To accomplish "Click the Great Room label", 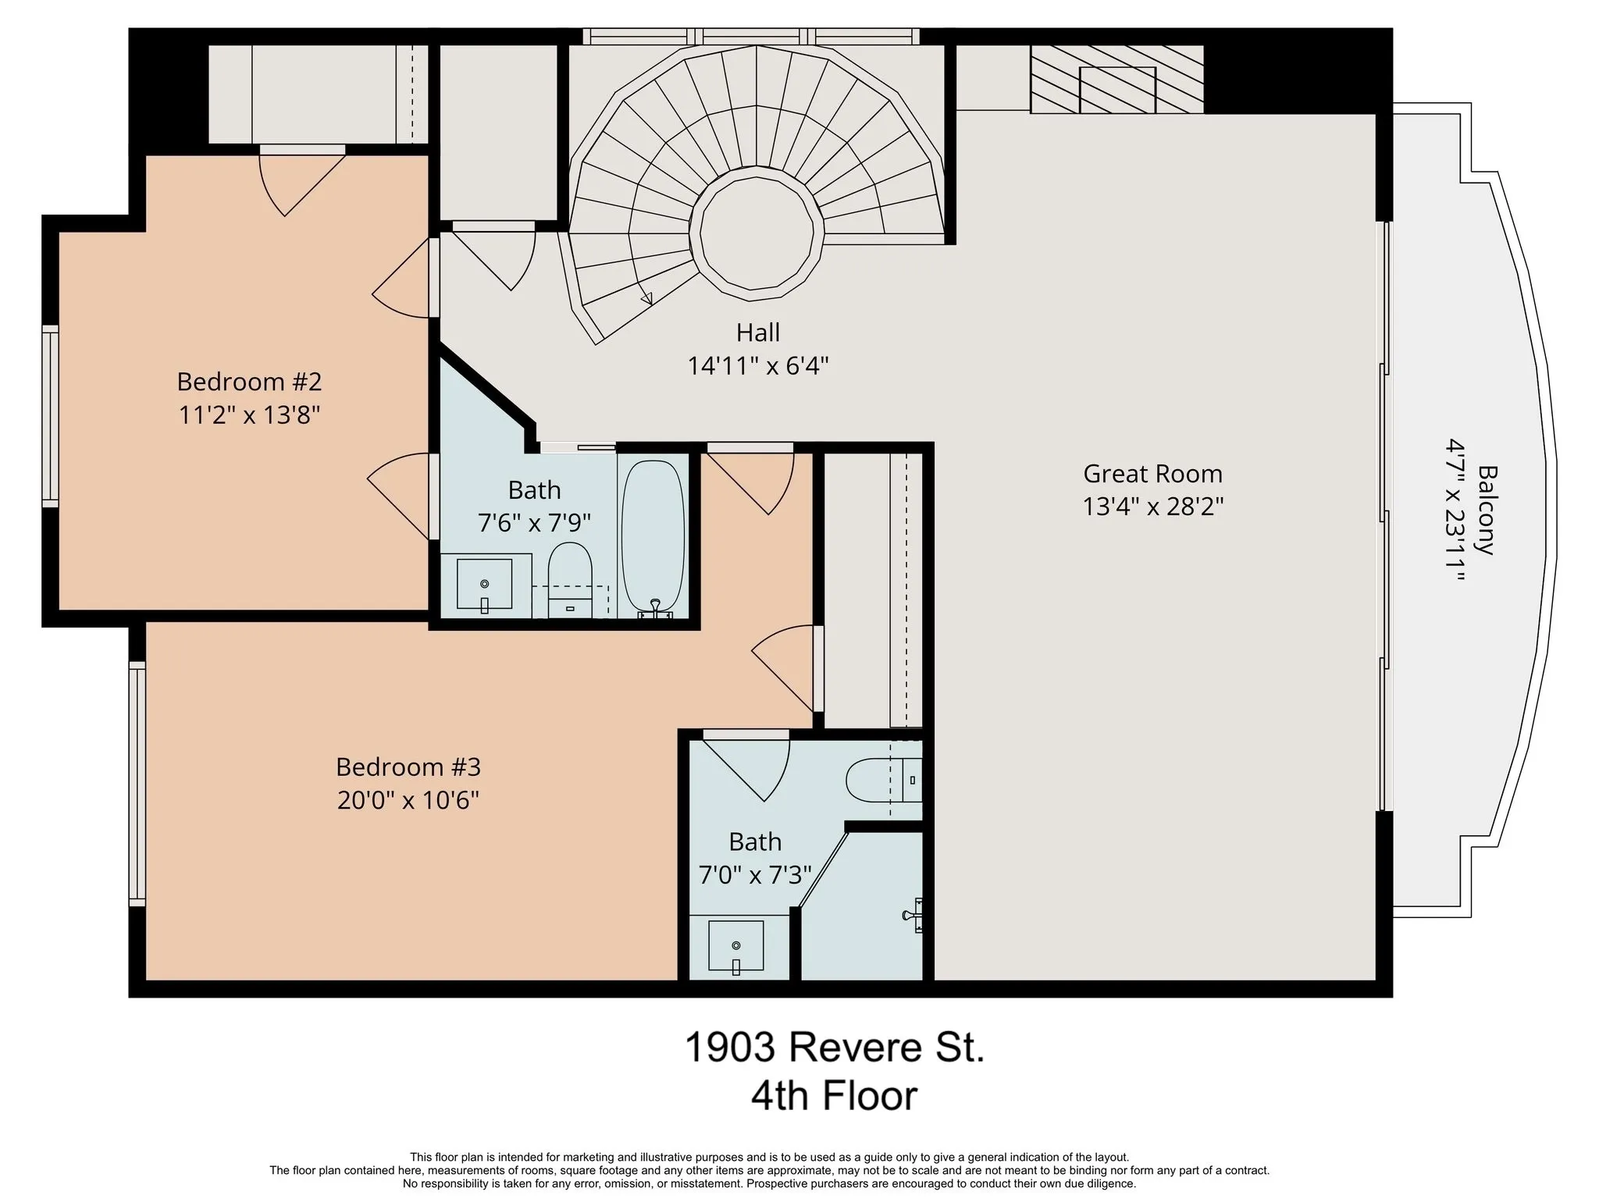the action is pos(1152,474).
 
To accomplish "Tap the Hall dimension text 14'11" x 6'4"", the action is pos(757,365).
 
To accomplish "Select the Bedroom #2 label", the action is pos(249,382).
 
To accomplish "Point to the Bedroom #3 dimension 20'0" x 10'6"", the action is pos(408,800).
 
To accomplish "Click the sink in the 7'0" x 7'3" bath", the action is pos(736,947).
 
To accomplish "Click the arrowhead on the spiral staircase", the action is pos(646,297).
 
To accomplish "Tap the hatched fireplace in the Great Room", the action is pos(1116,79).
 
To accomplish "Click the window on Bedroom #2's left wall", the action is pos(50,416).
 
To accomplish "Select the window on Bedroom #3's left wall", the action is pos(137,783).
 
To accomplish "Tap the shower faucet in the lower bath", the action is pos(913,915).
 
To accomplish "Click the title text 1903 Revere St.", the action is pos(835,1047).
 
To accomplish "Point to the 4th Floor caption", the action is pos(834,1096).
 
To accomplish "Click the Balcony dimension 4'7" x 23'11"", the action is pos(1455,510).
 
